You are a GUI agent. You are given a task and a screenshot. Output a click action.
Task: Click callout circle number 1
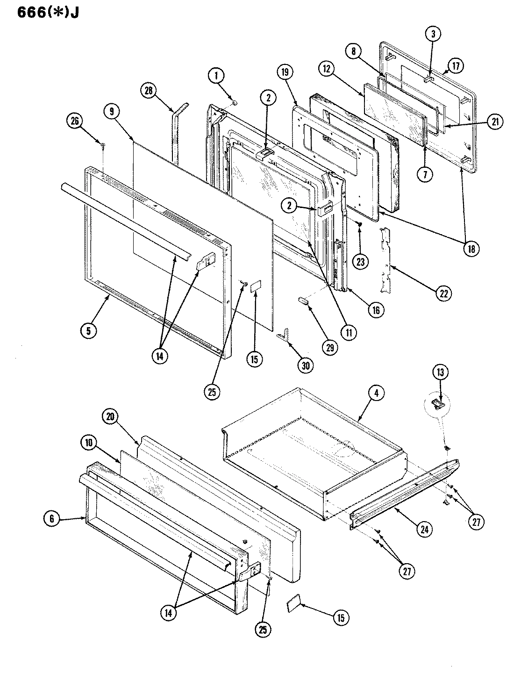pyautogui.click(x=216, y=75)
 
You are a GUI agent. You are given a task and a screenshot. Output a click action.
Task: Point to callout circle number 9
pyautogui.click(x=112, y=112)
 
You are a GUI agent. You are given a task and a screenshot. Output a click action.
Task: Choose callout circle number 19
pyautogui.click(x=285, y=72)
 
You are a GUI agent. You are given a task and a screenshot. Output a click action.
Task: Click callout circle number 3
pyautogui.click(x=433, y=34)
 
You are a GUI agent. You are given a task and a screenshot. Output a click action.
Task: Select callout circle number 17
pyautogui.click(x=456, y=66)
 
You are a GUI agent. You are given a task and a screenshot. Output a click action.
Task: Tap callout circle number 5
pyautogui.click(x=88, y=330)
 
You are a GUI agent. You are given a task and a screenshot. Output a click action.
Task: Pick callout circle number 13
pyautogui.click(x=441, y=372)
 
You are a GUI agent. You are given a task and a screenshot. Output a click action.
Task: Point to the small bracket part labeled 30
pyautogui.click(x=283, y=335)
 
